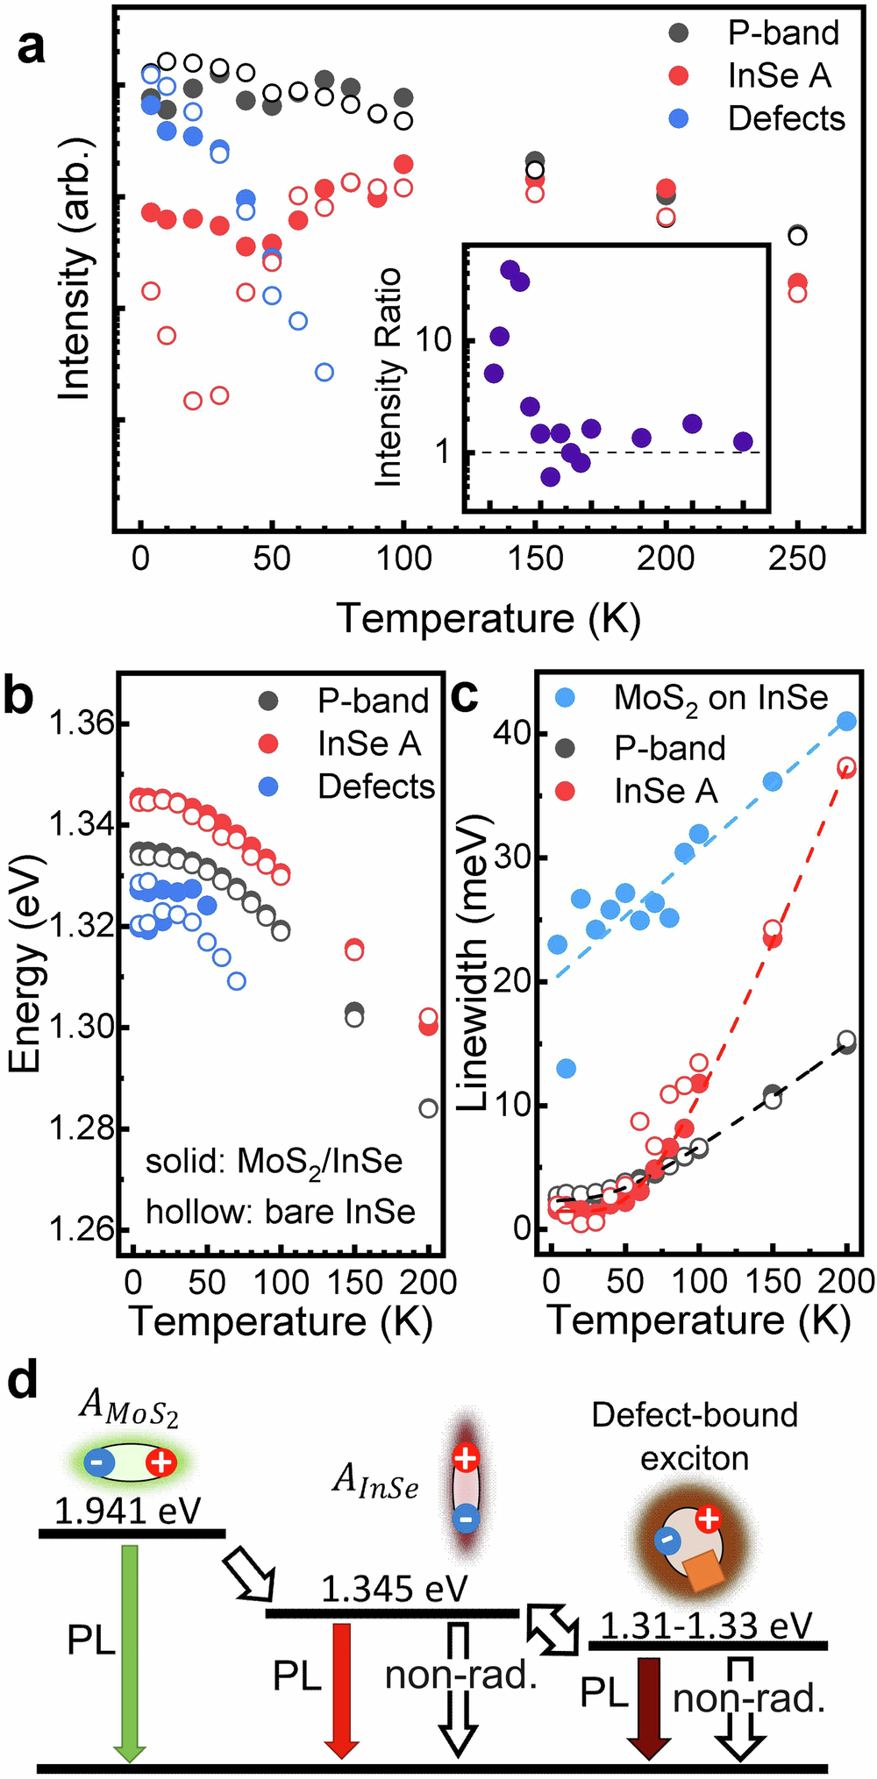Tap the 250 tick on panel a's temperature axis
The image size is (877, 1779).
(x=797, y=559)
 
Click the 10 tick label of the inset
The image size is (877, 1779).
(x=433, y=339)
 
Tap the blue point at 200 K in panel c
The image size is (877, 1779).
(x=846, y=722)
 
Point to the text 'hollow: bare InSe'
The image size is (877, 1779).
(x=280, y=1211)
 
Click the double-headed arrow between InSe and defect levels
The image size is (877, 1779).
(x=553, y=1628)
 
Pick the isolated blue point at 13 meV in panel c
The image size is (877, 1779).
(x=567, y=1068)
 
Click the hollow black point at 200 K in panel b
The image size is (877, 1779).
(x=428, y=1108)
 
